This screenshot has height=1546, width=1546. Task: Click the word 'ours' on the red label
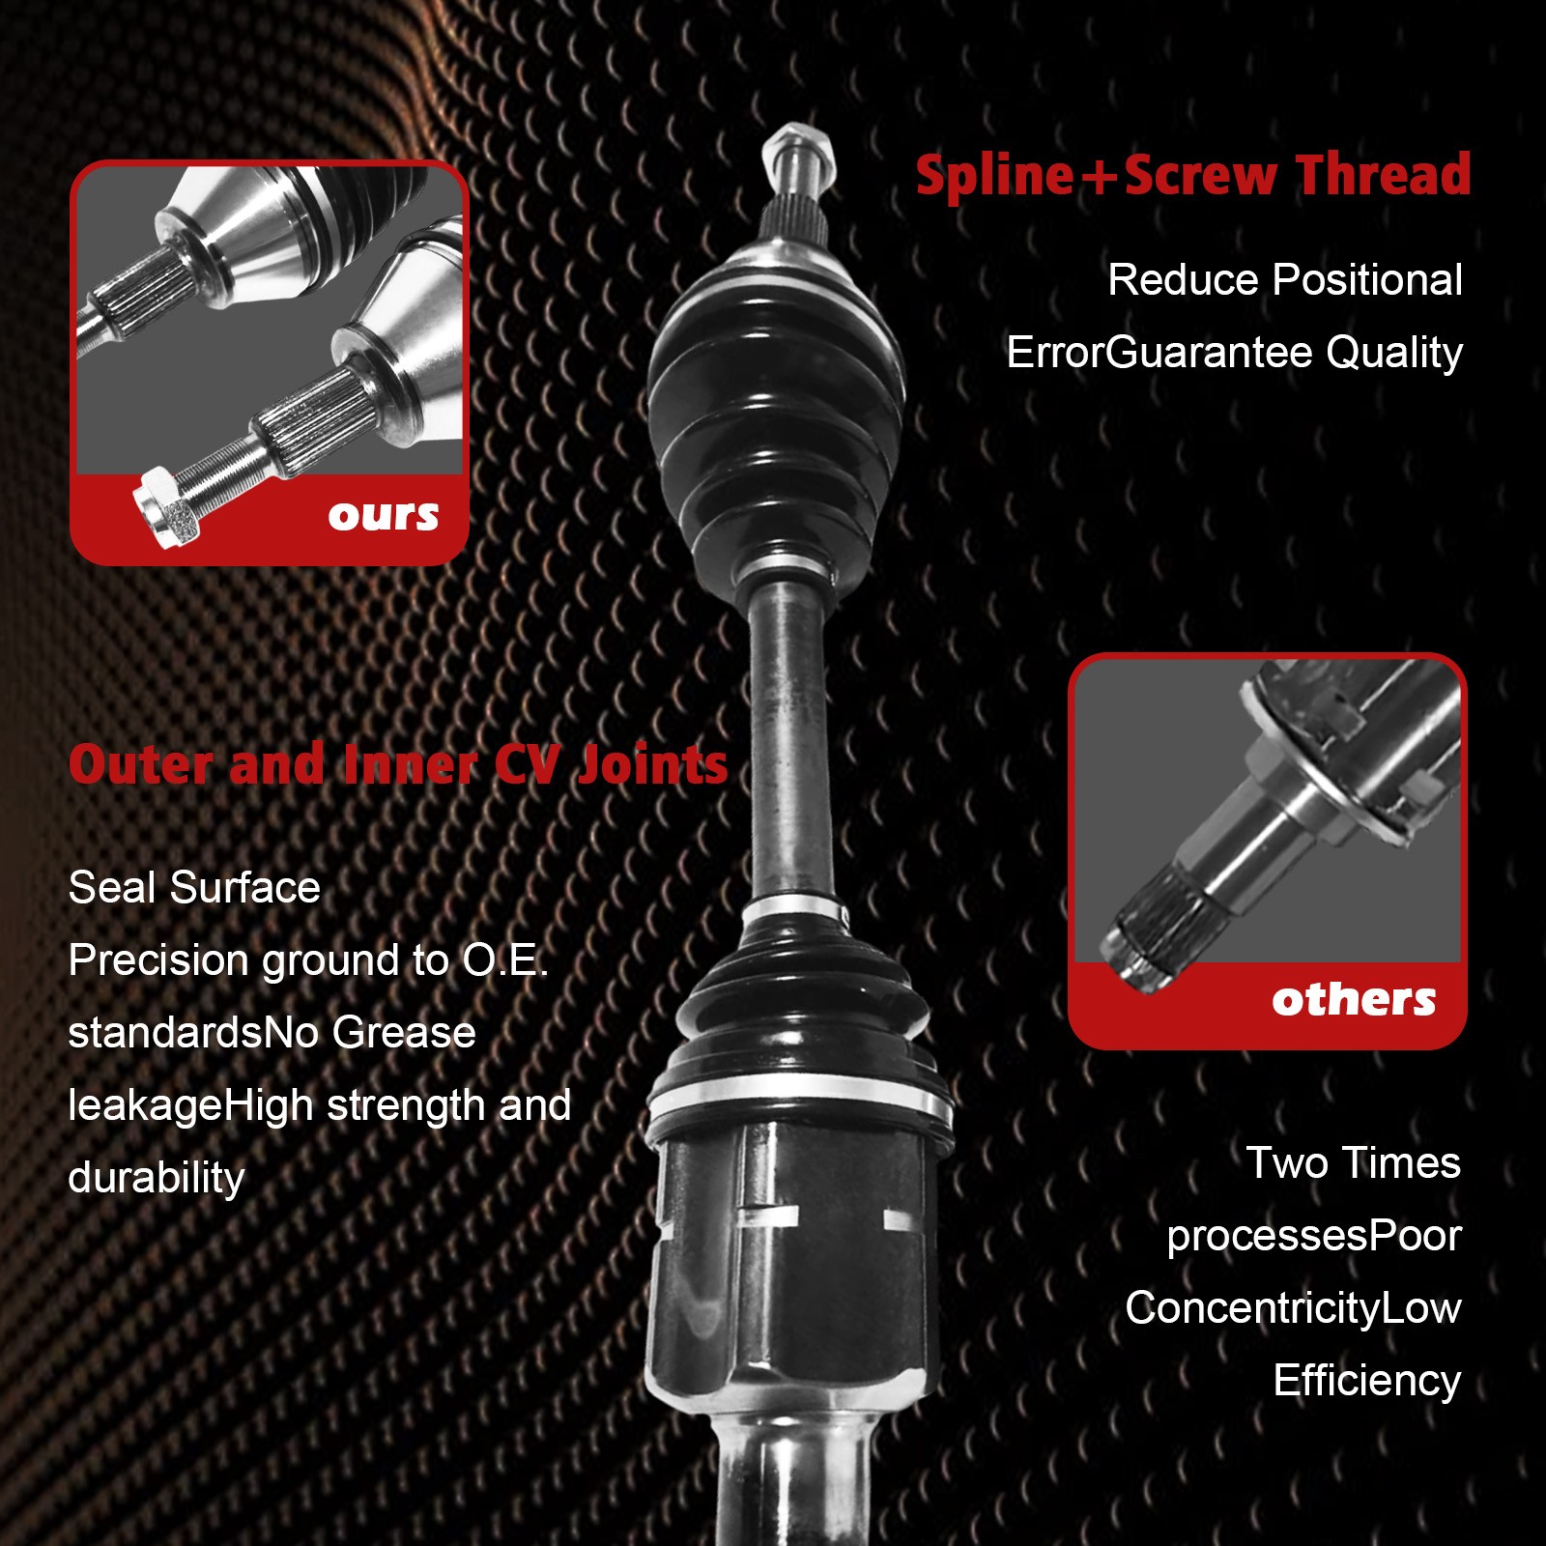coord(383,516)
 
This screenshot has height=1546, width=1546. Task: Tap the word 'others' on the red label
coord(1353,999)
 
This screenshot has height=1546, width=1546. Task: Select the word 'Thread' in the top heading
coord(1383,175)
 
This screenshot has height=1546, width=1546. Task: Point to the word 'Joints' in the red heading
coord(653,764)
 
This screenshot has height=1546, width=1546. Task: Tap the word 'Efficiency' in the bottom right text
coord(1366,1381)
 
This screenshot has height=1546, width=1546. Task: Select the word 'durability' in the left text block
coord(157,1178)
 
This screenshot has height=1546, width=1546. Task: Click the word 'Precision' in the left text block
coord(159,960)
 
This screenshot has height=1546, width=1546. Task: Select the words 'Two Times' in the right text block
coord(1353,1163)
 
